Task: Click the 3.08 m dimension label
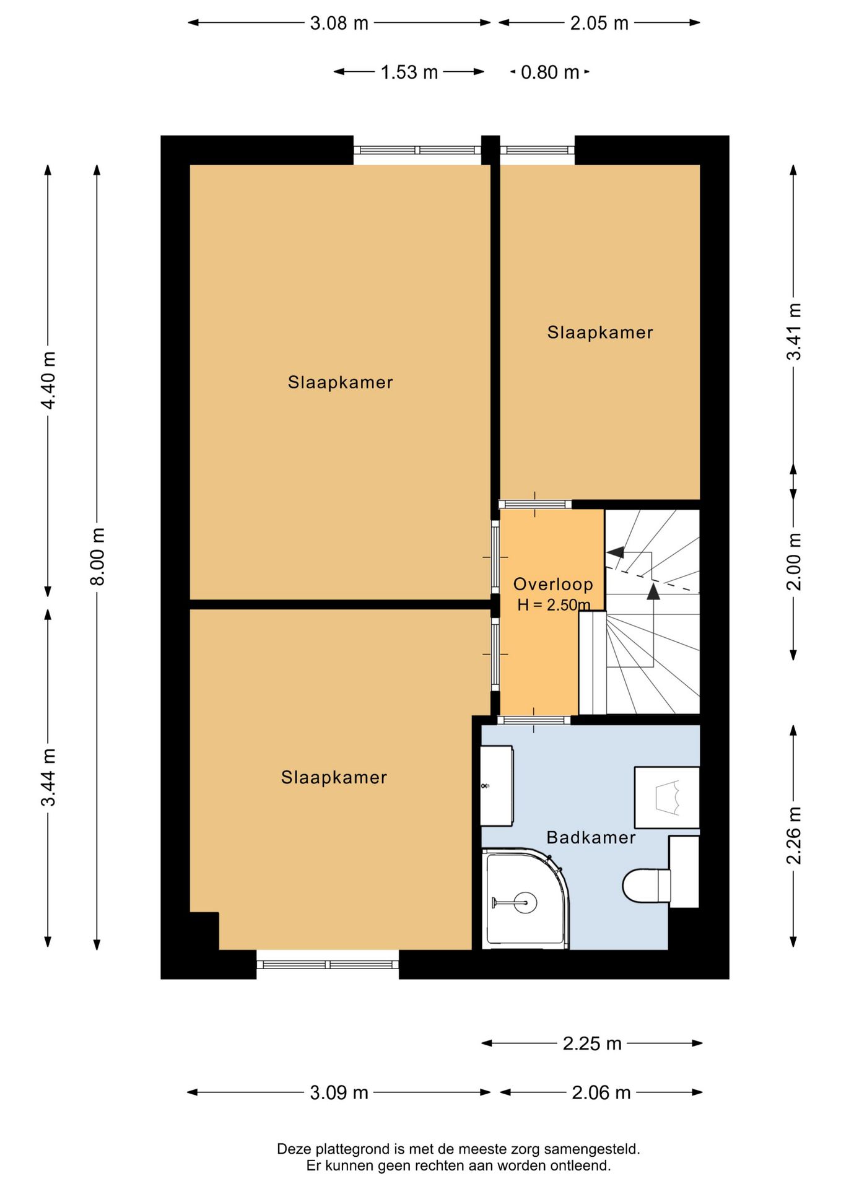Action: pos(339,24)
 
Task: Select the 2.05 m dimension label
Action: pos(599,24)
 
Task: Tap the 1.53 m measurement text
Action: pos(409,72)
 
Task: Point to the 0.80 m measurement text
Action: pos(550,72)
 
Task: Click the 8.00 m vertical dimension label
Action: pos(98,556)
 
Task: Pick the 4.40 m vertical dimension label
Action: pos(48,380)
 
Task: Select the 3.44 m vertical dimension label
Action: pos(48,777)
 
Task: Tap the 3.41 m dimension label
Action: pos(794,331)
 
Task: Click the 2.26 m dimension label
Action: pos(794,835)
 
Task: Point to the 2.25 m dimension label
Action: pos(592,1043)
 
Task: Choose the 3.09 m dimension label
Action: pos(339,1092)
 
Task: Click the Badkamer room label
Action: pos(591,838)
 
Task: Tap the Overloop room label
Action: pos(553,584)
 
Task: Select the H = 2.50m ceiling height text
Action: pos(554,605)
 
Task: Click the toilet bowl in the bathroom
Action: pos(646,886)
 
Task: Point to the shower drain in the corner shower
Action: pos(525,903)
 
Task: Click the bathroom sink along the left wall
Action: pos(497,786)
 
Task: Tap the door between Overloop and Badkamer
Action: pos(534,720)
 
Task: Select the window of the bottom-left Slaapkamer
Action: pos(328,964)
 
